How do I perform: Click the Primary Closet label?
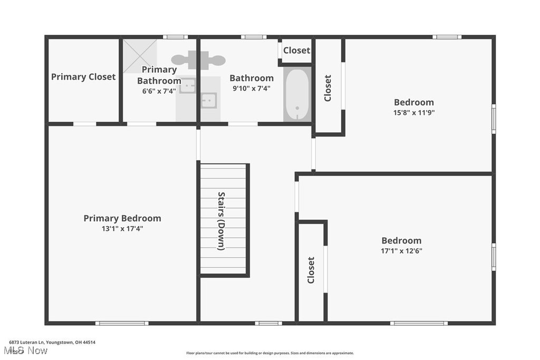(x=83, y=77)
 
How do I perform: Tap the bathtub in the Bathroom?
(x=297, y=94)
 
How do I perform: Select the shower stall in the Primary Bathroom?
(x=140, y=56)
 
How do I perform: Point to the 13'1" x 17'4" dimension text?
(x=122, y=229)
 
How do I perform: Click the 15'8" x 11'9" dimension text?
(x=414, y=113)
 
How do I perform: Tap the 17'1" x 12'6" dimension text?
(x=401, y=251)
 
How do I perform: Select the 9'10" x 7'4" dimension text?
(x=252, y=89)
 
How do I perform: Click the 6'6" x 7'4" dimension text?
(x=159, y=91)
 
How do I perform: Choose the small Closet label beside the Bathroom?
(x=296, y=50)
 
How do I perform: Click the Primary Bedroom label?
(x=122, y=218)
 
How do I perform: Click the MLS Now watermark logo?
(x=25, y=351)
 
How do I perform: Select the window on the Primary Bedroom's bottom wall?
(x=122, y=323)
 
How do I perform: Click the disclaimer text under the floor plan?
(x=270, y=353)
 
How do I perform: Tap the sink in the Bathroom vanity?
(x=209, y=101)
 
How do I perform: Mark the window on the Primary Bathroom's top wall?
(x=175, y=37)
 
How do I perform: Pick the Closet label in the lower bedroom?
(x=311, y=270)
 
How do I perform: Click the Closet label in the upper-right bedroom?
(x=327, y=88)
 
